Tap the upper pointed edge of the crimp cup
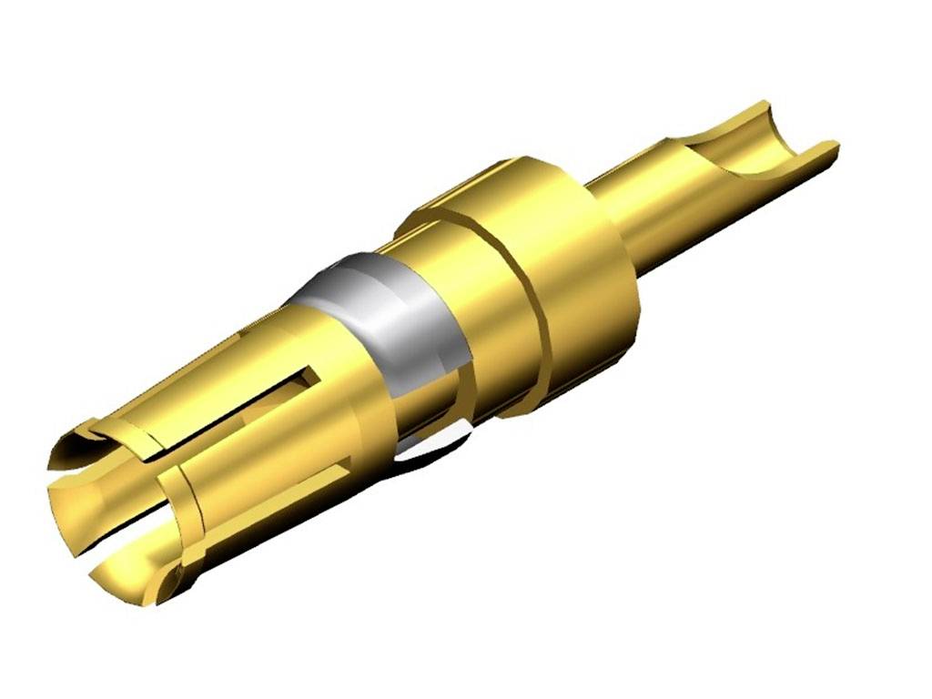point(763,106)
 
